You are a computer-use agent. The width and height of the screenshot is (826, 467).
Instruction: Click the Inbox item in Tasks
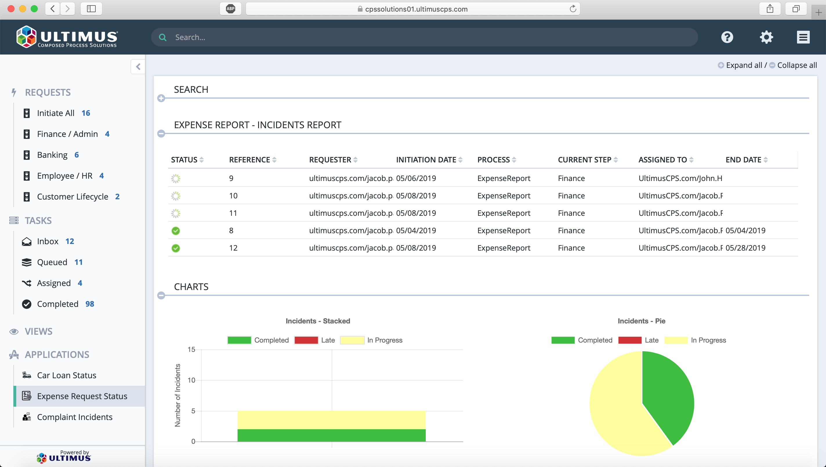[x=48, y=241]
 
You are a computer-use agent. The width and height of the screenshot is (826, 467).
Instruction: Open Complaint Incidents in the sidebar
[x=74, y=417]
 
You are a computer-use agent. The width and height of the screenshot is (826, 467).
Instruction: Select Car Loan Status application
[x=66, y=375]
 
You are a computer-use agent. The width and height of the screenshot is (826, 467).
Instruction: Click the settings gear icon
[x=766, y=37]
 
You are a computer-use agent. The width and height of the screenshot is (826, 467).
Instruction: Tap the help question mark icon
[x=727, y=37]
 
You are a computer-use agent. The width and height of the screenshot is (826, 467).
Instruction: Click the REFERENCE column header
[x=249, y=160]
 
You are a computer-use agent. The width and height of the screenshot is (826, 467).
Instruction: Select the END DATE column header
[x=743, y=160]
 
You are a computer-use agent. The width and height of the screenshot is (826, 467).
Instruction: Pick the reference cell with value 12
[x=233, y=248]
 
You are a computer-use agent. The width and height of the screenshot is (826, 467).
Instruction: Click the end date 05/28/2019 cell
[x=745, y=248]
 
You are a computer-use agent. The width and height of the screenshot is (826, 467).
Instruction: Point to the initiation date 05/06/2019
[x=416, y=178]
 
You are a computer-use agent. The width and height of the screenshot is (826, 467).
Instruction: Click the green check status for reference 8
[x=176, y=231]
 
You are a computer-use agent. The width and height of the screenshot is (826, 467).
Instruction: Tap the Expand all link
[x=744, y=65]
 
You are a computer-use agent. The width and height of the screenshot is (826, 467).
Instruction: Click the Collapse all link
[x=796, y=65]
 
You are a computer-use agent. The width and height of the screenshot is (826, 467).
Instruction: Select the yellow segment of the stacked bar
[x=331, y=420]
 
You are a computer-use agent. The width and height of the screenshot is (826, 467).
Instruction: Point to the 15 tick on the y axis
[x=191, y=349]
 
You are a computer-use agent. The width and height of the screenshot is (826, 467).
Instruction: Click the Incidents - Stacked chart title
[x=318, y=321]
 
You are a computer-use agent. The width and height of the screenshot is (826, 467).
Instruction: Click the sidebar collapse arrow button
[x=138, y=67]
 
